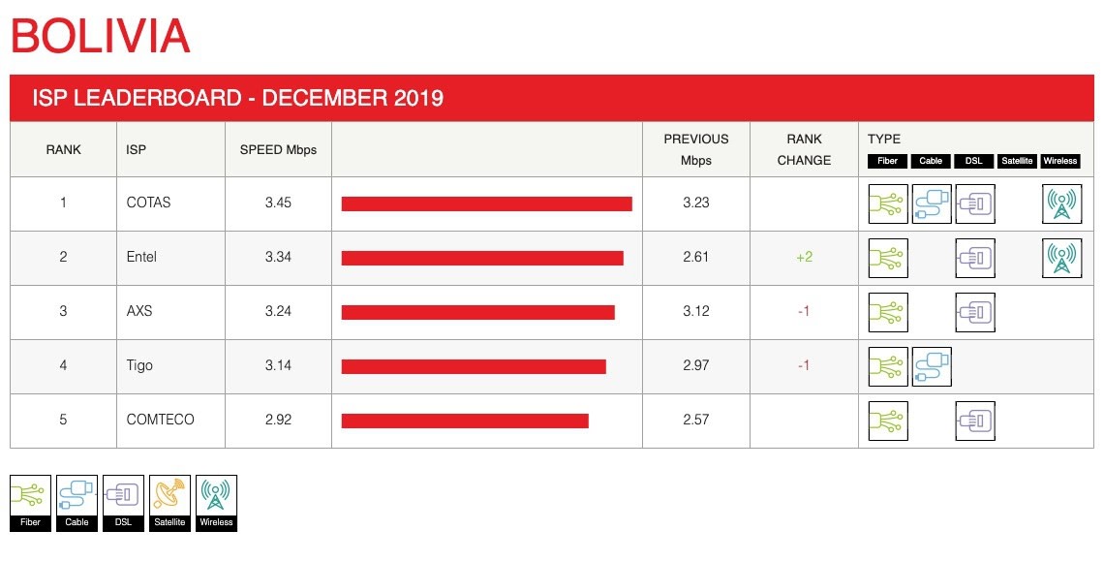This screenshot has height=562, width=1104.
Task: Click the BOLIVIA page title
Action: [100, 37]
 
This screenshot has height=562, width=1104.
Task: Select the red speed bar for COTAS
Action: [486, 203]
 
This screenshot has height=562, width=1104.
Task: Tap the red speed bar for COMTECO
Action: [465, 421]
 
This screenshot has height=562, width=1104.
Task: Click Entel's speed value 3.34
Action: [278, 257]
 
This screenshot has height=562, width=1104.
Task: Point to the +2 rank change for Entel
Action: [804, 257]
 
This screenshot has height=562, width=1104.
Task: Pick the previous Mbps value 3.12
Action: [696, 311]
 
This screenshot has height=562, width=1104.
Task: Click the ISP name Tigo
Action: [139, 365]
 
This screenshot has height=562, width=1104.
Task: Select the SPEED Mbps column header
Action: [278, 149]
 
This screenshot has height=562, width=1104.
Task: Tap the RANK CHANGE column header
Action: [804, 149]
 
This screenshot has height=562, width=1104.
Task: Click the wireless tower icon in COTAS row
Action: [1061, 203]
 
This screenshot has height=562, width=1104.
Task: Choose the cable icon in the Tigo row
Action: [932, 366]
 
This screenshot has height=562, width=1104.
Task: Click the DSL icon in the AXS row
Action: [974, 312]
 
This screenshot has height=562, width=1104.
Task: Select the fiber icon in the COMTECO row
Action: [888, 421]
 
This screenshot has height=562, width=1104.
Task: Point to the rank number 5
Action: [63, 420]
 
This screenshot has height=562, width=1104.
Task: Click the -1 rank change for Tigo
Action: [804, 365]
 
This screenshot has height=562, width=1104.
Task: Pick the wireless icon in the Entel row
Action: [1061, 258]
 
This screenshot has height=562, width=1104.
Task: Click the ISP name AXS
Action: [139, 311]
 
